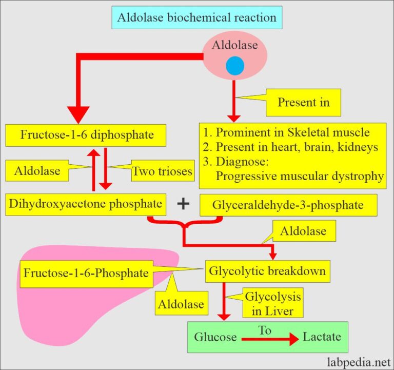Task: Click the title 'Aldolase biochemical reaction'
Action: [196, 17]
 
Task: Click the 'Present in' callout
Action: [304, 102]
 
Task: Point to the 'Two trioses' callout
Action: [162, 171]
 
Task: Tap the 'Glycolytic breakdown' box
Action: [267, 270]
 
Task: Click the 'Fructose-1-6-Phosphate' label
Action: [86, 271]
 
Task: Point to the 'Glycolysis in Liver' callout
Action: [272, 303]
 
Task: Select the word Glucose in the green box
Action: [215, 337]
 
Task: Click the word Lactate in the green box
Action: [321, 337]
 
